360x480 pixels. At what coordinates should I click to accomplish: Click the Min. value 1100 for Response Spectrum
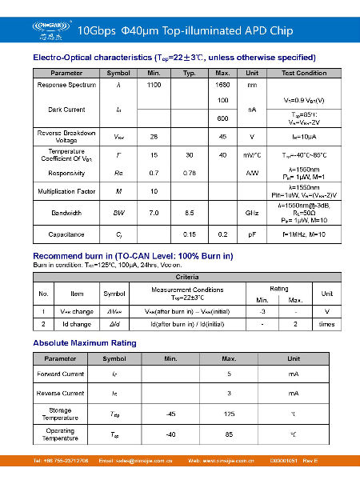(x=154, y=84)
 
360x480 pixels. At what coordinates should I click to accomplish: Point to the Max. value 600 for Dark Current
(x=223, y=118)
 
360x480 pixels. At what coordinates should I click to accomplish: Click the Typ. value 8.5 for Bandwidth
(x=189, y=213)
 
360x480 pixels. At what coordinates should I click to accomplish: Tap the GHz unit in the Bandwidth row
(x=252, y=213)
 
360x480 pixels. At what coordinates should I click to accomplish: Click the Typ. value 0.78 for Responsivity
(x=189, y=173)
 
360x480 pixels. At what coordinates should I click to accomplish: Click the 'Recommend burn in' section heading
(x=133, y=256)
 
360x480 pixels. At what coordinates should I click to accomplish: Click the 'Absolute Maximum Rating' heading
(x=84, y=343)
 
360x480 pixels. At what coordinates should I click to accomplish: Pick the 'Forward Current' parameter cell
(x=60, y=374)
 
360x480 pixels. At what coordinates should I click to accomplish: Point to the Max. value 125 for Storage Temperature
(x=229, y=414)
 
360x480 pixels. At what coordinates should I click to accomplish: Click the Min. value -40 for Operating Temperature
(x=170, y=434)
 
